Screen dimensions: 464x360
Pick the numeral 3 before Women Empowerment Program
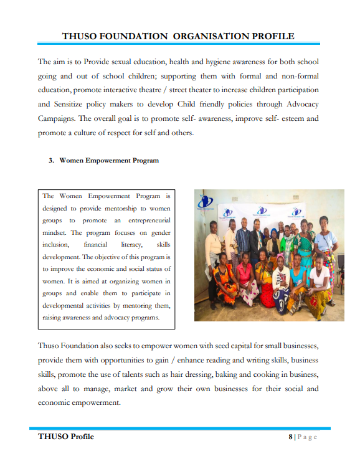(51, 161)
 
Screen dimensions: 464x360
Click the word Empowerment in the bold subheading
(105, 161)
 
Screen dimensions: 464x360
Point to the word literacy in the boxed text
(132, 245)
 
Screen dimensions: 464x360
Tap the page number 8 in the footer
(290, 437)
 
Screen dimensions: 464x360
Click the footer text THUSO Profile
(66, 437)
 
